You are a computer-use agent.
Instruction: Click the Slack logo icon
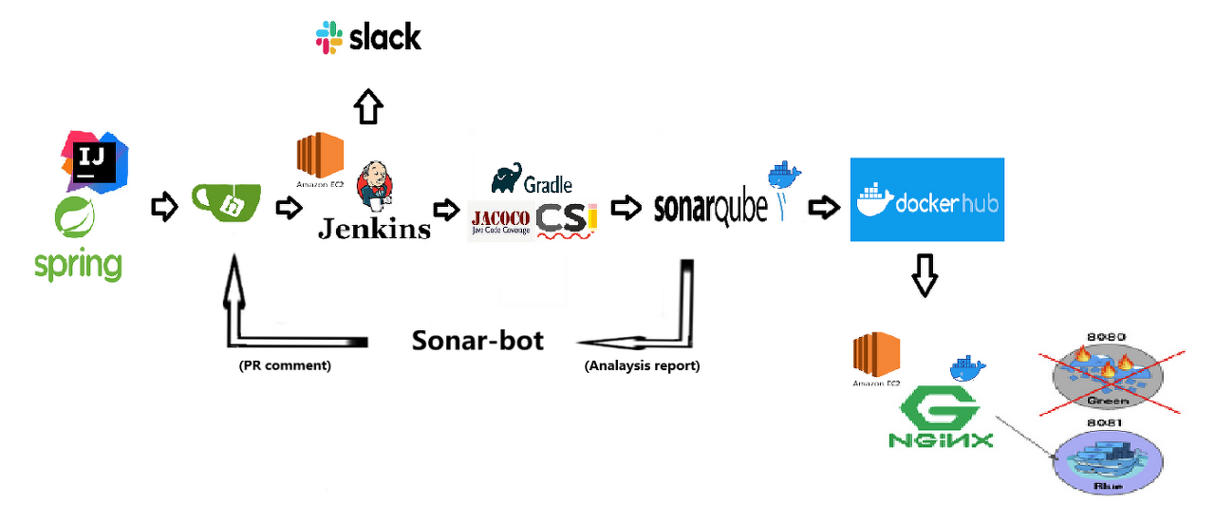329,38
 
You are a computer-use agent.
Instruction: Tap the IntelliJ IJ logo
94,159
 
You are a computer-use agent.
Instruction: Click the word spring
78,265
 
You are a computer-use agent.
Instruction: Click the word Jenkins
373,229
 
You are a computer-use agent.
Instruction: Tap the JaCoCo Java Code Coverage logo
500,220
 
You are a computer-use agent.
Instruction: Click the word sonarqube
711,208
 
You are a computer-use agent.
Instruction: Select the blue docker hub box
926,199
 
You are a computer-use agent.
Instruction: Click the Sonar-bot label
477,341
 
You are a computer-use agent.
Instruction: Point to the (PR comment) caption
285,365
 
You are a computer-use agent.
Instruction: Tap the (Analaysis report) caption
642,365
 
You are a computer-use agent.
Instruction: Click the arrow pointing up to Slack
369,106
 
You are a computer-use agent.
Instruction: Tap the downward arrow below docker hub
925,275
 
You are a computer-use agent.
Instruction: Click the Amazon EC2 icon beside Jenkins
319,157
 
